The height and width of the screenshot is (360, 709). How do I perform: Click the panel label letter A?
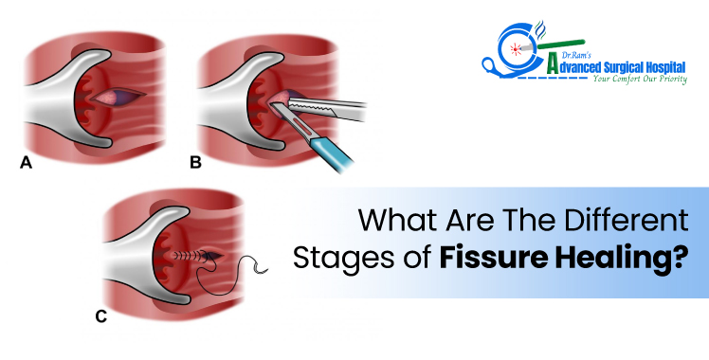click(x=27, y=163)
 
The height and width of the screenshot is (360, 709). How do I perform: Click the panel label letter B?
click(x=196, y=163)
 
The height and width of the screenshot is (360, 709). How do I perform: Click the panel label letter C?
click(x=100, y=316)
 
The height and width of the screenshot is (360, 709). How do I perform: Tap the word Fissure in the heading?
click(x=490, y=260)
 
